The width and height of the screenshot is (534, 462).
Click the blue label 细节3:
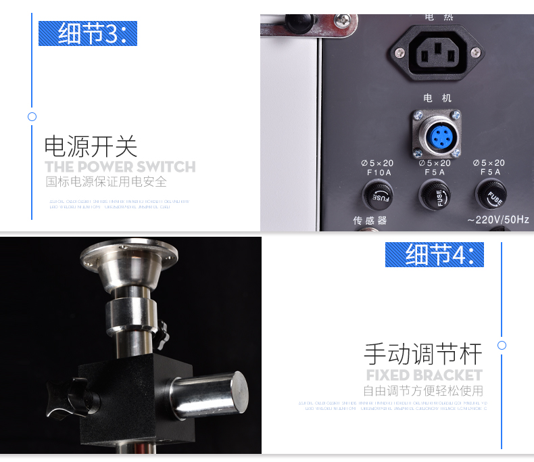(87, 34)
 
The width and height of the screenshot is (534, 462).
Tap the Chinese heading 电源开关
(91, 146)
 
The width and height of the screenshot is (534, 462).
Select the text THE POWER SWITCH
(120, 166)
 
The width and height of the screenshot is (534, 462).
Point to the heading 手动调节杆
(423, 354)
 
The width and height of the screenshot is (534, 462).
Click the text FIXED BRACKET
(424, 375)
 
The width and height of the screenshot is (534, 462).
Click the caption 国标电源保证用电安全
(106, 182)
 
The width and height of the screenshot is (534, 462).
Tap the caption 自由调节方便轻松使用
(423, 390)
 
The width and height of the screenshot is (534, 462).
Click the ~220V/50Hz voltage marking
(497, 220)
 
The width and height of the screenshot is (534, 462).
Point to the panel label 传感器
(370, 220)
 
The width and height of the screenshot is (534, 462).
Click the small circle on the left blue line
(32, 116)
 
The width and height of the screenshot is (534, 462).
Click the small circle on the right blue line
(502, 345)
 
